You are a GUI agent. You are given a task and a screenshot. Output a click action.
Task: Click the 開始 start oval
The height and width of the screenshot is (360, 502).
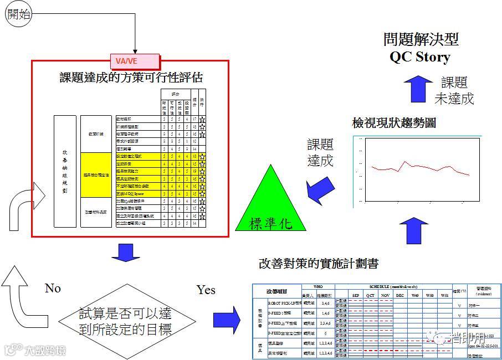(x=19, y=14)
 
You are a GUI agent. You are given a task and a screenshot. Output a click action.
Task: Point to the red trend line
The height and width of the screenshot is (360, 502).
(x=421, y=167)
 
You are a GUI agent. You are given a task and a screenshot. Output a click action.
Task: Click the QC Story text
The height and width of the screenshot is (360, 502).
(x=419, y=57)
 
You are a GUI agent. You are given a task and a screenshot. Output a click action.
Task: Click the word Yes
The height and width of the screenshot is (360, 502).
(x=206, y=290)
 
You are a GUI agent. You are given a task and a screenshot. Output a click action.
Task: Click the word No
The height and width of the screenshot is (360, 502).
(x=53, y=289)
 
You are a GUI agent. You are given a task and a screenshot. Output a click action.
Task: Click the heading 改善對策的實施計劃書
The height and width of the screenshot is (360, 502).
(x=318, y=263)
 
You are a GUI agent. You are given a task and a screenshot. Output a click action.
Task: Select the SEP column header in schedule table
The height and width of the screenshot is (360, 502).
(x=356, y=296)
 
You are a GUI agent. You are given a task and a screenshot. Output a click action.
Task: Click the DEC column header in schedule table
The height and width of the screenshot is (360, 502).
(x=399, y=296)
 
